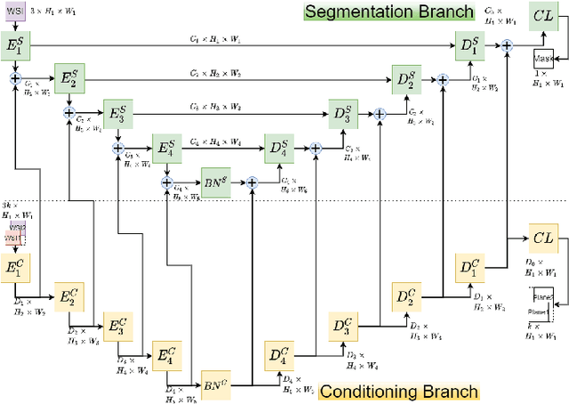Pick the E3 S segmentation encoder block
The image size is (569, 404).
[x=118, y=113]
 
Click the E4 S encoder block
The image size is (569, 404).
[x=166, y=147]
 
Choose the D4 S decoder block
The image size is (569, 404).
[x=278, y=147]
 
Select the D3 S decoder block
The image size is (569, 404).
[x=342, y=113]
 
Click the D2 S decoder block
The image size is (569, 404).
[x=405, y=80]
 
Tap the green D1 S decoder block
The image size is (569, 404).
[x=469, y=46]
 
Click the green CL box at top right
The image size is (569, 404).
[x=542, y=15]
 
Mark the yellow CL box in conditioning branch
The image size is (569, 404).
[x=542, y=238]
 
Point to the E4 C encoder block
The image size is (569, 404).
[x=165, y=356]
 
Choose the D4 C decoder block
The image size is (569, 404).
[x=278, y=356]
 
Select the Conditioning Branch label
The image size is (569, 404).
[x=399, y=392]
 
